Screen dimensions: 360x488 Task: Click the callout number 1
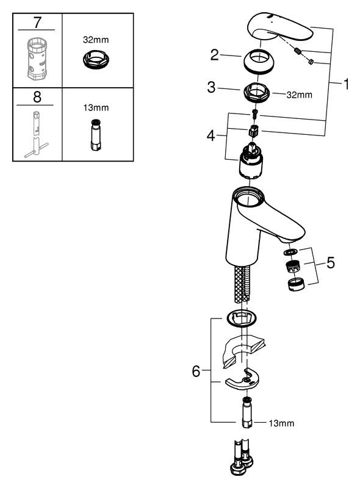346,84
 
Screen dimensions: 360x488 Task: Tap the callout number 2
215,55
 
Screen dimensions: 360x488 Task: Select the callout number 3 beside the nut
211,87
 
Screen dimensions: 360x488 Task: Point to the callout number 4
211,135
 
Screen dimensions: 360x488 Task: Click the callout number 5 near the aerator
331,263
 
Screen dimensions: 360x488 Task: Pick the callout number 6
196,371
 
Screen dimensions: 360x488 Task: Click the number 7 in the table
37,22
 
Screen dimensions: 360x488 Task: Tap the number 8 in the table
37,97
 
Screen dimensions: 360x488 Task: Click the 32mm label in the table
96,40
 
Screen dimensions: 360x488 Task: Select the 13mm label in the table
96,108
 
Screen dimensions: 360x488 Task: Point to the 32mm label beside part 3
299,95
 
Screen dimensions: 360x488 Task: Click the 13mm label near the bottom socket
281,423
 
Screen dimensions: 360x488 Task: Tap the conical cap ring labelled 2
259,62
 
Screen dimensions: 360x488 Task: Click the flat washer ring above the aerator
290,251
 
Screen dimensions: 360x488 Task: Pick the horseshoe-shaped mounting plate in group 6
242,379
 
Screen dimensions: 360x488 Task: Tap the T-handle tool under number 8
37,134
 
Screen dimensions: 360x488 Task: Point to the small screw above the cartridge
254,113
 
